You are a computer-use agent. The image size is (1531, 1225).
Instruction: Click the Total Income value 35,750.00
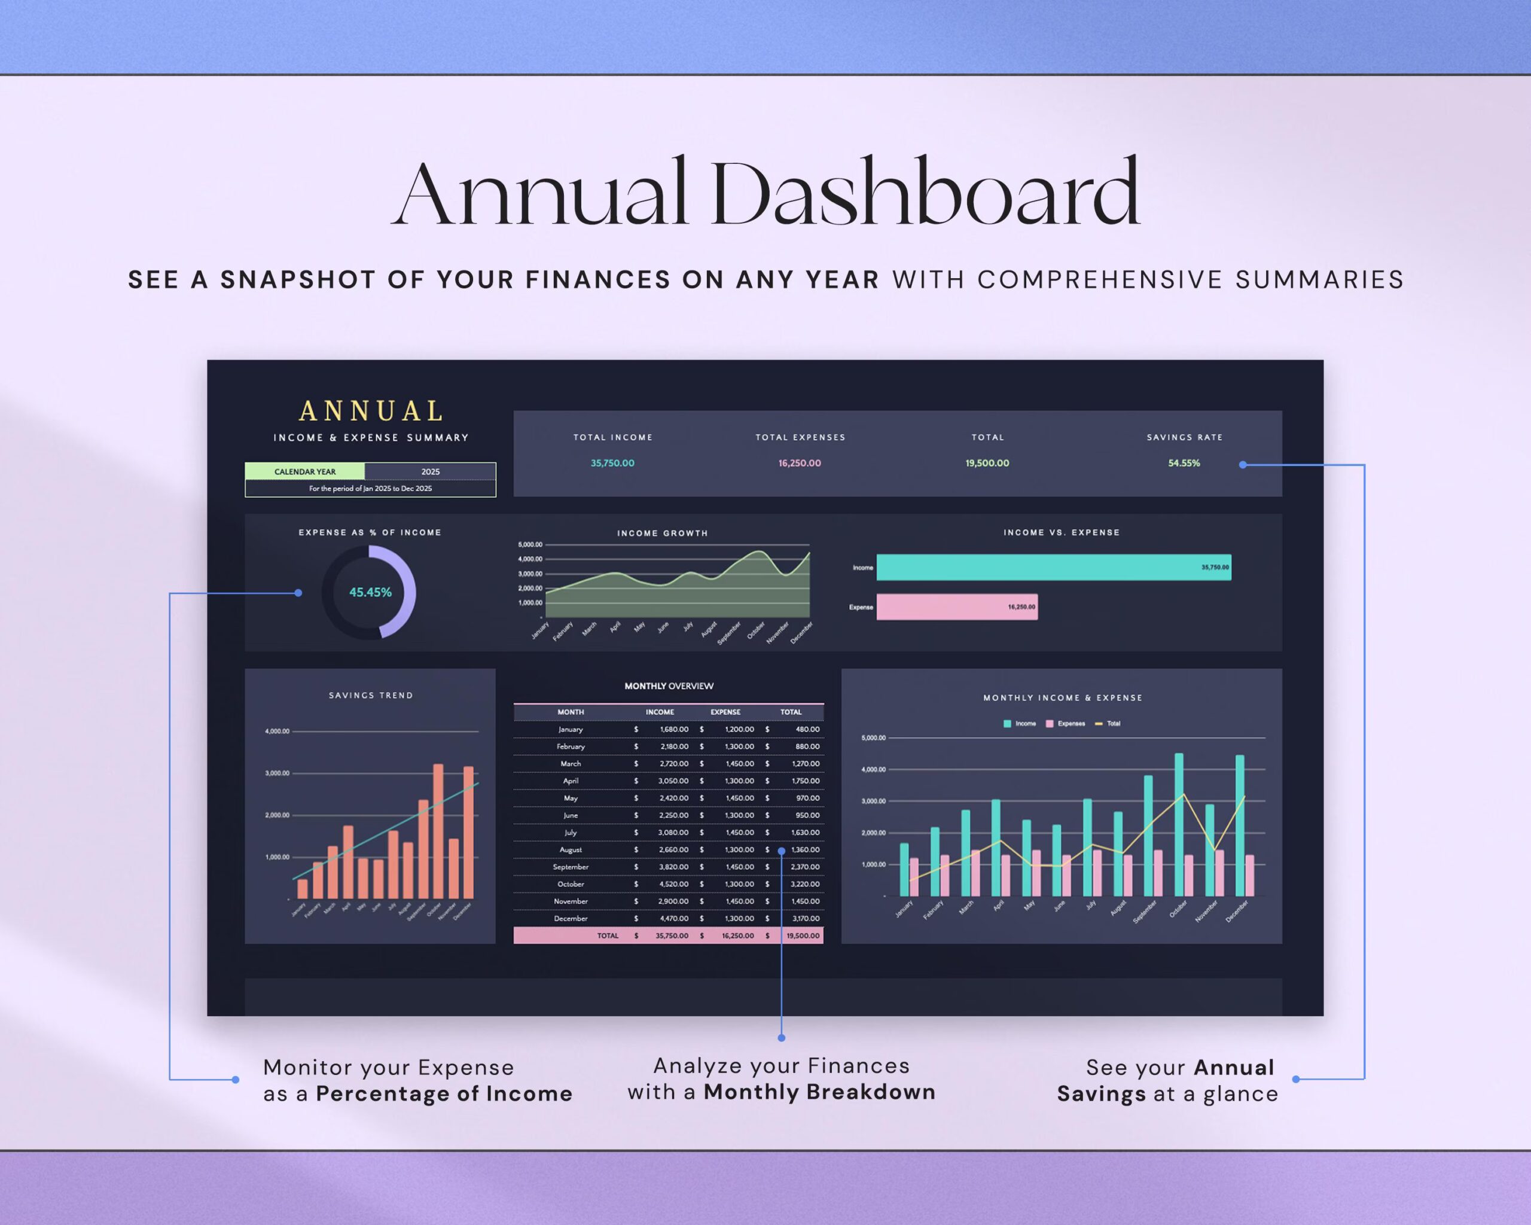[x=612, y=463]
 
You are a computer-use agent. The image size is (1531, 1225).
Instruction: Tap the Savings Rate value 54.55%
[x=1184, y=463]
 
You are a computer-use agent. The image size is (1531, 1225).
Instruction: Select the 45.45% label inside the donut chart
[x=370, y=592]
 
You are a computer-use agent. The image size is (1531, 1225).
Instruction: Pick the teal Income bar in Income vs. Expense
[x=1053, y=568]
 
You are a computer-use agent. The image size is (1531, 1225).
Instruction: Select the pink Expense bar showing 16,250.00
[x=956, y=607]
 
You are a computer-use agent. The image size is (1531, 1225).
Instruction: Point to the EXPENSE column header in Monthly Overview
[x=725, y=712]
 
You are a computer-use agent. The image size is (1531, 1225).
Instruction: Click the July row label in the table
[x=570, y=832]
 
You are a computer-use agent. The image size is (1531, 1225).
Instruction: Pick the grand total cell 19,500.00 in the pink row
[x=803, y=936]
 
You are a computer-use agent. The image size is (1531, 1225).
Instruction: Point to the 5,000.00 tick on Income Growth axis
[x=530, y=545]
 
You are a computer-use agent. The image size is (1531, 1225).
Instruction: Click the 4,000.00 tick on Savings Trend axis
[x=277, y=732]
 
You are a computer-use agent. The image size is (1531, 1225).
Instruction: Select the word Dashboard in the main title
[x=924, y=193]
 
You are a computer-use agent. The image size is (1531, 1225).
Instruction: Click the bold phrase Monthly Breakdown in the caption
[x=819, y=1092]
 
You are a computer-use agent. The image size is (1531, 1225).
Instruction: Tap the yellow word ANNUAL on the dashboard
[x=371, y=411]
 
